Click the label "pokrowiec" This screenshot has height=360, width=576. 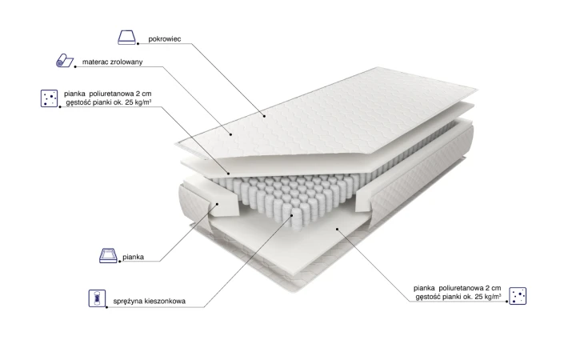click(x=165, y=39)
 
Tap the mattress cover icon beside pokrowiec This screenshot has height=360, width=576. click(x=126, y=38)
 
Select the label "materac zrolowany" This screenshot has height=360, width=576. click(x=113, y=62)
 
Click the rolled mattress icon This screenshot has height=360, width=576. click(x=65, y=61)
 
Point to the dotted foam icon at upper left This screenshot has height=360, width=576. click(x=50, y=98)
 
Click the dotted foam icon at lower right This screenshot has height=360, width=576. click(x=518, y=296)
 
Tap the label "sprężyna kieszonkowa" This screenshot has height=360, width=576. click(x=149, y=302)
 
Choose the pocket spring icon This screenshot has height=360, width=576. click(x=97, y=298)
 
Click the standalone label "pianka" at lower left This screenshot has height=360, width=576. click(x=134, y=257)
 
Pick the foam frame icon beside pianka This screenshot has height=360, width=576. click(x=108, y=255)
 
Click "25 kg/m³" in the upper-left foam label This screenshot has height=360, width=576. click(x=138, y=102)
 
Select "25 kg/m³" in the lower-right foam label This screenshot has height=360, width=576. click(x=488, y=297)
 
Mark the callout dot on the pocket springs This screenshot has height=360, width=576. click(x=293, y=215)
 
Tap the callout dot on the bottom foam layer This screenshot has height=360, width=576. click(x=337, y=229)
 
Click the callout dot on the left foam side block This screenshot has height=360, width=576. click(x=217, y=204)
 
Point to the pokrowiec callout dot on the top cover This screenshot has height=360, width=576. click(x=264, y=116)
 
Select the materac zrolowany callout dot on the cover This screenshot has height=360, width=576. click(x=231, y=134)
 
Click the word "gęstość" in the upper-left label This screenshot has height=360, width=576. click(x=78, y=102)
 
